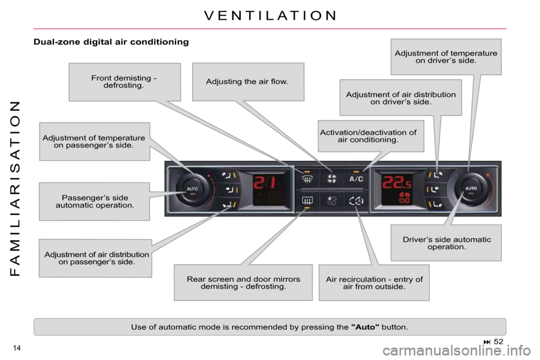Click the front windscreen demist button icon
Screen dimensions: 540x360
pos(307,179)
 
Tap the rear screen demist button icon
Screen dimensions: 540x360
pos(307,200)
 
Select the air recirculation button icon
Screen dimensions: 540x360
pos(356,200)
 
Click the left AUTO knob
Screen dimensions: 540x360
pos(192,189)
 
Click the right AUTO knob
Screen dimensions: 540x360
pos(471,189)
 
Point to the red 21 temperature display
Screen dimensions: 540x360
pos(264,182)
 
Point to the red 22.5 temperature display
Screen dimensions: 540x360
pos(397,182)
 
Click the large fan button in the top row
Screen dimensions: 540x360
pos(332,179)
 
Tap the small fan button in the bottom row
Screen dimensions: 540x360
pos(332,200)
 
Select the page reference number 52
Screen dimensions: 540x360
pos(498,341)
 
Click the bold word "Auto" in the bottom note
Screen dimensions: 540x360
pos(365,327)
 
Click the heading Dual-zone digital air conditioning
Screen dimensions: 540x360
pos(111,42)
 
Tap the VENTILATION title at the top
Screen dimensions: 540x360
pos(271,16)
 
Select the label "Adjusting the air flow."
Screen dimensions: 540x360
pos(247,82)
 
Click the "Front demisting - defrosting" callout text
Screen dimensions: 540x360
pos(124,82)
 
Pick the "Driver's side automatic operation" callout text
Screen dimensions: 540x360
pos(447,243)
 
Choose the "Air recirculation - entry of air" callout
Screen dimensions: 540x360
pos(375,283)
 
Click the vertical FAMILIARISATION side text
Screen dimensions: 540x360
pos(16,189)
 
